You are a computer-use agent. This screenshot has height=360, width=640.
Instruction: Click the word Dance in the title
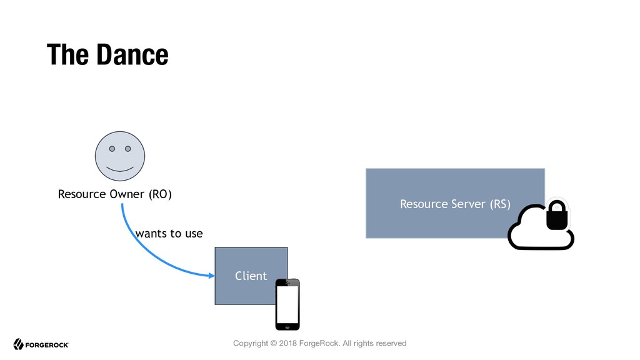pyautogui.click(x=132, y=55)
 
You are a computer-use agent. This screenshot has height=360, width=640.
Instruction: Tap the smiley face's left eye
pyautogui.click(x=112, y=149)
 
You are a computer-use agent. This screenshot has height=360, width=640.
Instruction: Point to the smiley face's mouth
pyautogui.click(x=119, y=169)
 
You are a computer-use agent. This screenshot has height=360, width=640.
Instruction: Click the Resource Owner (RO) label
pyautogui.click(x=115, y=194)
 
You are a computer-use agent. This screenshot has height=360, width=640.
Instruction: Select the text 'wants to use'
pyautogui.click(x=169, y=234)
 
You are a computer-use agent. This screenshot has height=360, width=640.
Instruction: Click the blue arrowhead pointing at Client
pyautogui.click(x=212, y=276)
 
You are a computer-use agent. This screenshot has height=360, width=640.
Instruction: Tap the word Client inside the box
pyautogui.click(x=251, y=276)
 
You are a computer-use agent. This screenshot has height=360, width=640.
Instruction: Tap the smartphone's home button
pyautogui.click(x=287, y=326)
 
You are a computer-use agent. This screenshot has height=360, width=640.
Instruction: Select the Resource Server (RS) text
pyautogui.click(x=455, y=204)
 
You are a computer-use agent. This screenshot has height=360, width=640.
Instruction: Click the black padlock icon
pyautogui.click(x=557, y=215)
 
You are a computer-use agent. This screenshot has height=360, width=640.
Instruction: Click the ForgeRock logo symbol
pyautogui.click(x=18, y=344)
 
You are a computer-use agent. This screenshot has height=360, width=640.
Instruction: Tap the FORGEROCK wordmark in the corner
pyautogui.click(x=47, y=345)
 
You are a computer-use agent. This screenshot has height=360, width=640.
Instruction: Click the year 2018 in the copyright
pyautogui.click(x=287, y=343)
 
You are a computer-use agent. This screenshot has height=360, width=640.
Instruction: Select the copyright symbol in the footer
pyautogui.click(x=274, y=343)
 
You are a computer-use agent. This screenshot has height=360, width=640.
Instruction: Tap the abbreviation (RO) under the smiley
pyautogui.click(x=160, y=194)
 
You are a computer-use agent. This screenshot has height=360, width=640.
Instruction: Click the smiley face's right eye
pyautogui.click(x=127, y=149)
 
